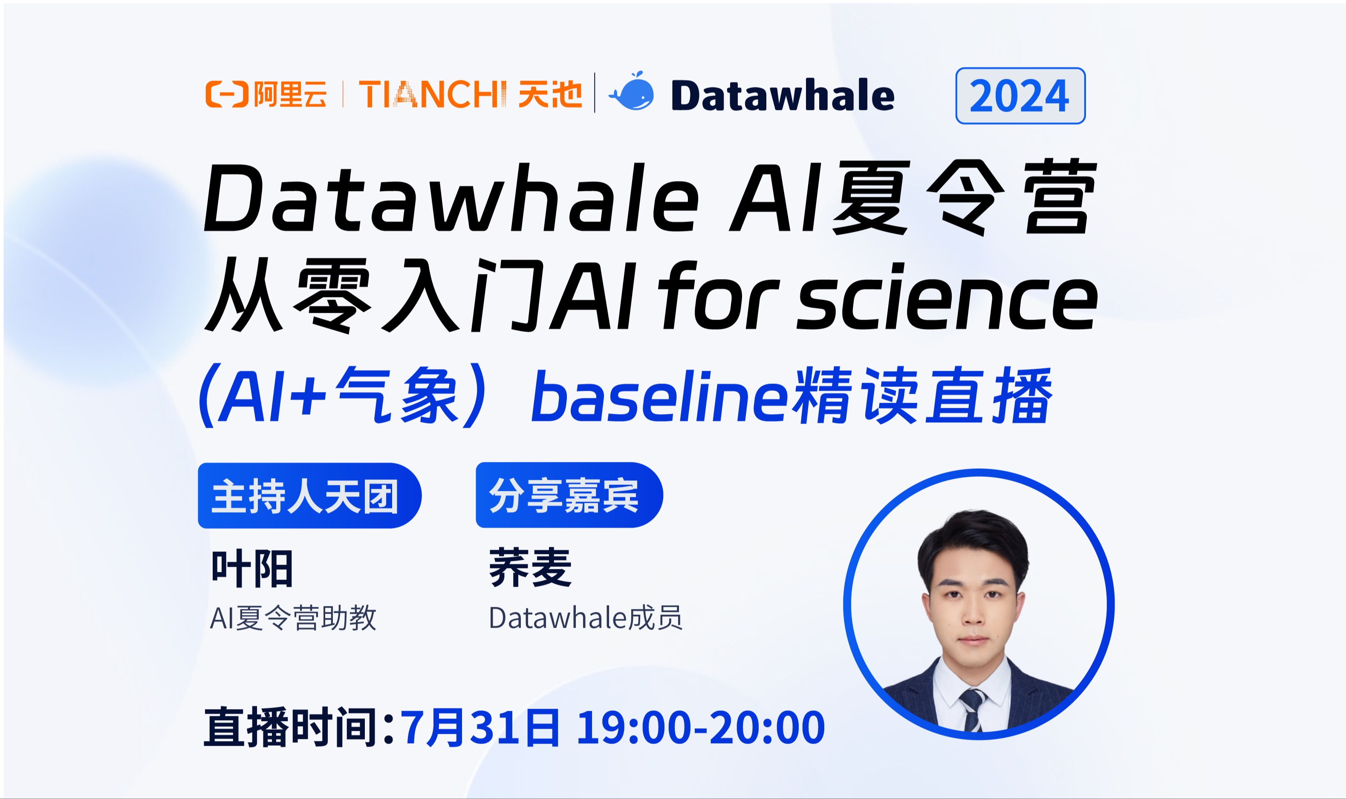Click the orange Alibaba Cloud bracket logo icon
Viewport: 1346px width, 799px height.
click(226, 94)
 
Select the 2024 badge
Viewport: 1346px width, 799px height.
click(1020, 96)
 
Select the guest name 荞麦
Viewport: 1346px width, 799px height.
click(530, 568)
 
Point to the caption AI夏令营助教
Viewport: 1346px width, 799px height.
click(293, 617)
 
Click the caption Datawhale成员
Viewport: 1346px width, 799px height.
click(585, 617)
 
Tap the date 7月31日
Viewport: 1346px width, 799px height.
click(479, 728)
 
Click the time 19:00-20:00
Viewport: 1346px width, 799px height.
click(700, 728)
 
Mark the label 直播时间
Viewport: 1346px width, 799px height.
click(291, 728)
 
